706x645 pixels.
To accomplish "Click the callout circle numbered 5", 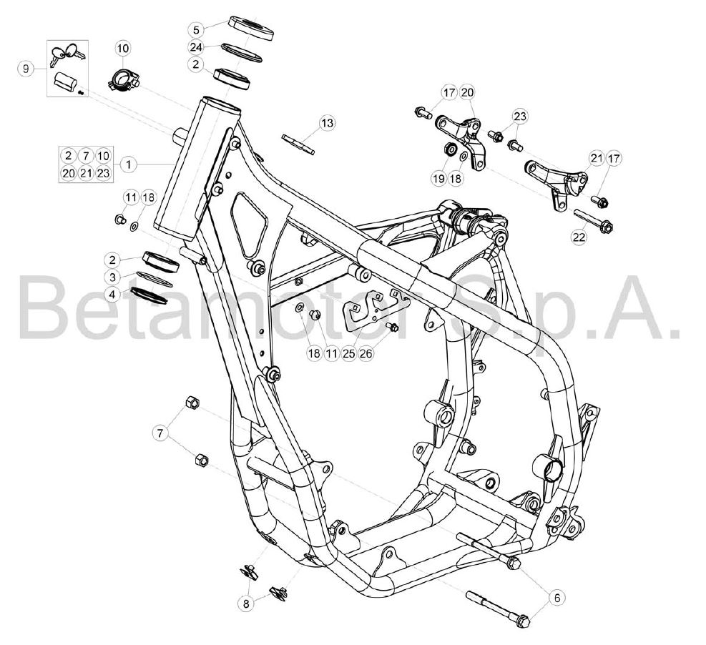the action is pyautogui.click(x=196, y=30).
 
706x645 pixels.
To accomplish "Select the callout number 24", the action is pyautogui.click(x=196, y=47).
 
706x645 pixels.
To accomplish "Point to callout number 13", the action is pyautogui.click(x=328, y=123).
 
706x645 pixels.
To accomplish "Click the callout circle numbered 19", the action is pyautogui.click(x=438, y=178).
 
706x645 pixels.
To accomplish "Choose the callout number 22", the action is pyautogui.click(x=579, y=236).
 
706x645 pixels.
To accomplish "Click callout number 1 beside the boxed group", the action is pyautogui.click(x=129, y=164).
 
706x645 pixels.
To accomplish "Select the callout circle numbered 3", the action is pyautogui.click(x=112, y=277).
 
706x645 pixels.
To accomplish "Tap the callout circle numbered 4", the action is pyautogui.click(x=112, y=295).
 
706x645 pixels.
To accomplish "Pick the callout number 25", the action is pyautogui.click(x=349, y=353).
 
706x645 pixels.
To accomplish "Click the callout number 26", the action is pyautogui.click(x=366, y=353).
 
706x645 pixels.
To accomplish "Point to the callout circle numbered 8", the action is pyautogui.click(x=246, y=604).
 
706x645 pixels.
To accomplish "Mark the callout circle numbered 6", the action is pyautogui.click(x=557, y=598).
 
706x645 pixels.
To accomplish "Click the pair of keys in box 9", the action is pyautogui.click(x=67, y=54).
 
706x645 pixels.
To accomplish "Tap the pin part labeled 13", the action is pyautogui.click(x=298, y=144).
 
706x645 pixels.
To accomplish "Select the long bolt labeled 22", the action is pyautogui.click(x=594, y=222).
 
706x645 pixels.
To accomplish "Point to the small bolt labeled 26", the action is pyautogui.click(x=393, y=327).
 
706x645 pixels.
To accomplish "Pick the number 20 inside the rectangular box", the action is pyautogui.click(x=69, y=173).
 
